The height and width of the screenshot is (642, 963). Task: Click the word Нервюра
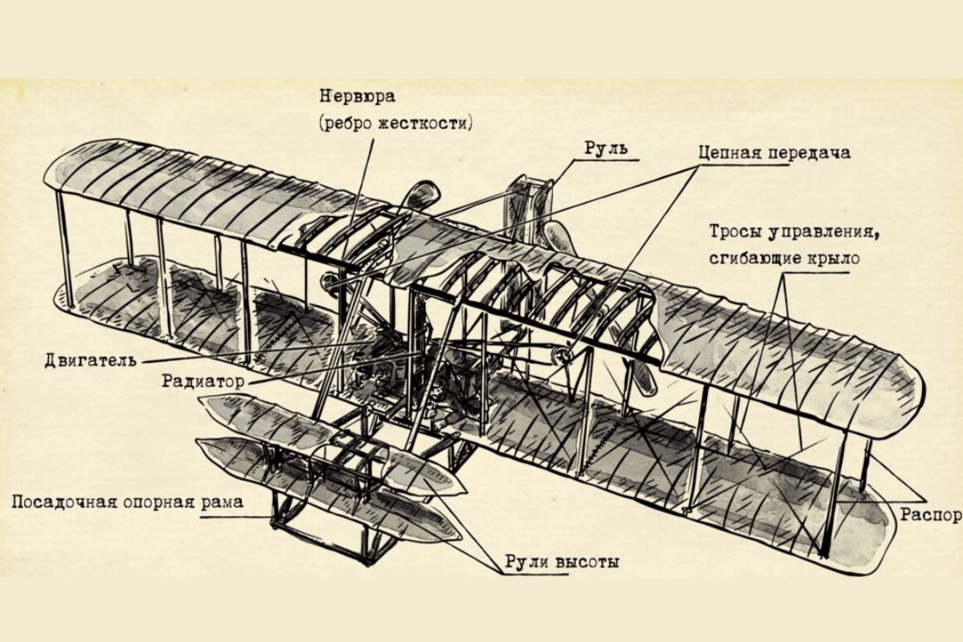357,97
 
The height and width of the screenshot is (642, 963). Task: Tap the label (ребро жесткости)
396,123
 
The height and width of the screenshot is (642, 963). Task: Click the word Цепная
729,152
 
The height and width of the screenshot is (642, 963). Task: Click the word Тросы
733,233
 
